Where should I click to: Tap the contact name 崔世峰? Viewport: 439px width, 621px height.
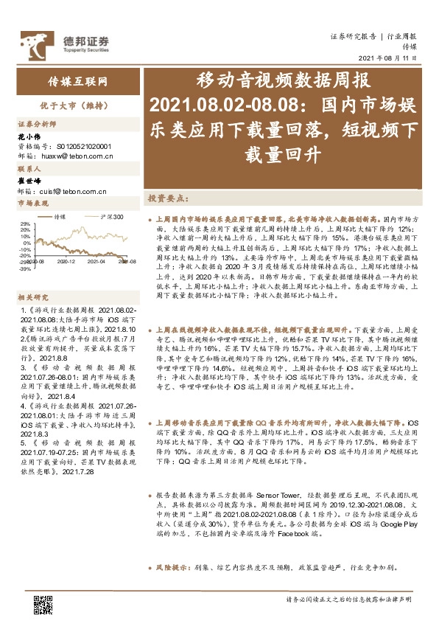coord(27,181)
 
